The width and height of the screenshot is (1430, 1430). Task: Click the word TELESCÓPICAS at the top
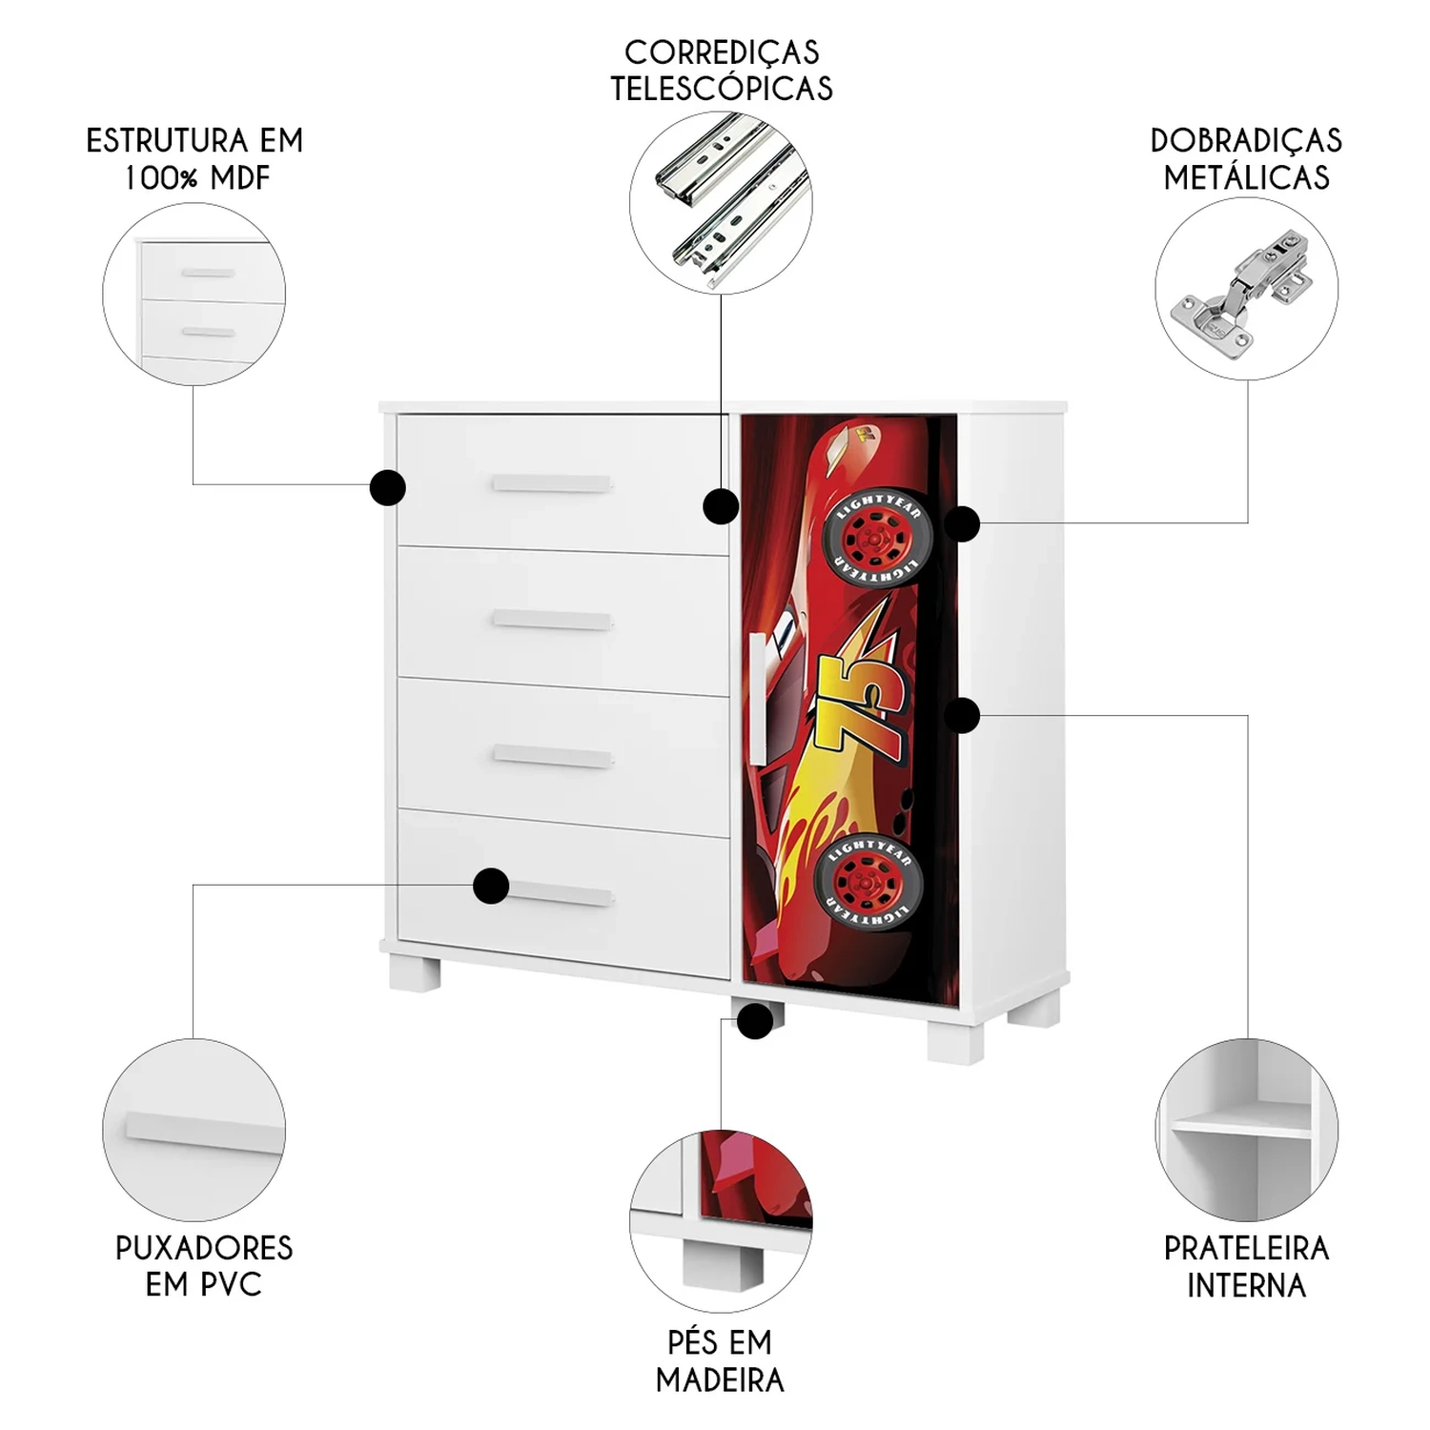[721, 89]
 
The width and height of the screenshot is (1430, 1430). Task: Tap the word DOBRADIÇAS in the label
[1246, 141]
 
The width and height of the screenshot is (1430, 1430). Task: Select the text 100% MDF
[197, 177]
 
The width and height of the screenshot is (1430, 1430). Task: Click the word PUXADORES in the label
[204, 1248]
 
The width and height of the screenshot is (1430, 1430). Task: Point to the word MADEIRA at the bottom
[720, 1379]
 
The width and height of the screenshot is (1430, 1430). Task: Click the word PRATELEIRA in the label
[1246, 1248]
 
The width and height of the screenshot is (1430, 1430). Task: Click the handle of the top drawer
[552, 484]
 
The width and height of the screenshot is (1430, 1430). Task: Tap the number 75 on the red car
[869, 705]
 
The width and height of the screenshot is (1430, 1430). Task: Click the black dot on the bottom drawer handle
[491, 887]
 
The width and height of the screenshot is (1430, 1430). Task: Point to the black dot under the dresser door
[755, 1022]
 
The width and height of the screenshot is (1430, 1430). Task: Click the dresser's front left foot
[415, 971]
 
